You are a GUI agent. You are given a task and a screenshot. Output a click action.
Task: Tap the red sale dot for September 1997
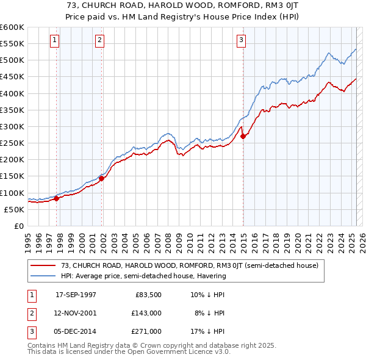click(56, 198)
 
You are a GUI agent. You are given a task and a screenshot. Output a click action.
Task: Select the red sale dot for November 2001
click(101, 178)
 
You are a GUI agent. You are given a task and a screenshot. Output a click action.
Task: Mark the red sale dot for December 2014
click(243, 136)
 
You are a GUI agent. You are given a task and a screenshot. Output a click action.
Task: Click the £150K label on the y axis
click(12, 176)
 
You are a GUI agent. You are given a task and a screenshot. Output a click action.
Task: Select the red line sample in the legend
click(43, 265)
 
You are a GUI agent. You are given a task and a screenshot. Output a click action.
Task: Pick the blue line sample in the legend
click(43, 276)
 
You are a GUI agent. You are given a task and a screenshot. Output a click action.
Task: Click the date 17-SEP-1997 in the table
click(76, 295)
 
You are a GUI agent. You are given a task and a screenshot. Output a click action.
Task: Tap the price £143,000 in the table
click(148, 313)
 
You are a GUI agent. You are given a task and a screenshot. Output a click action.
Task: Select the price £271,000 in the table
click(148, 331)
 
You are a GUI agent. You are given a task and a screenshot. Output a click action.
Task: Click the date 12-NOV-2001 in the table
click(76, 313)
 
